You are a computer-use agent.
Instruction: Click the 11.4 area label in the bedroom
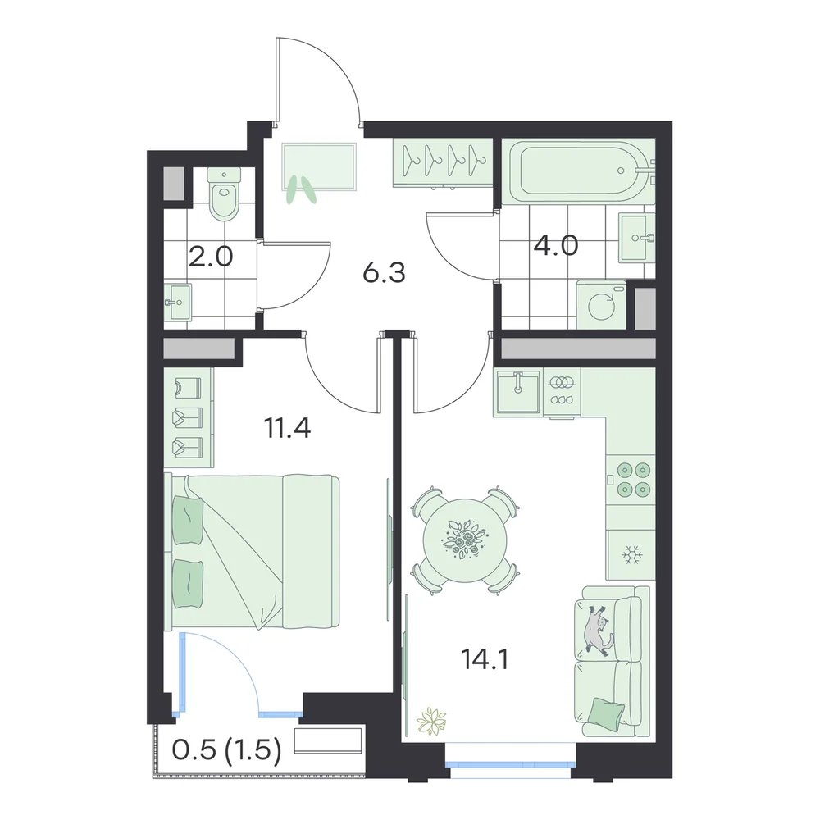pyautogui.click(x=288, y=428)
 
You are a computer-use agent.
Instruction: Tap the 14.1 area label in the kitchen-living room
pyautogui.click(x=485, y=659)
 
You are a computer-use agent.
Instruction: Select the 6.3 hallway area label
pyautogui.click(x=385, y=273)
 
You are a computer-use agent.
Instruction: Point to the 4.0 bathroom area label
pyautogui.click(x=555, y=245)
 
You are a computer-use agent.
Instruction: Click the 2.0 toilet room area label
pyautogui.click(x=210, y=257)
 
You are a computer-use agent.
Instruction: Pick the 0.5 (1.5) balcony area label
pyautogui.click(x=226, y=750)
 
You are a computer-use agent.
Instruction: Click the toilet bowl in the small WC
pyautogui.click(x=224, y=194)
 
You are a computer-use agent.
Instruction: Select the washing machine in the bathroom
pyautogui.click(x=601, y=305)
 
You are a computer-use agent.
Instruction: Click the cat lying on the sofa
pyautogui.click(x=599, y=629)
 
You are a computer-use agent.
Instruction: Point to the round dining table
pyautogui.click(x=464, y=540)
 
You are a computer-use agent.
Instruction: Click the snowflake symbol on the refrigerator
pyautogui.click(x=631, y=554)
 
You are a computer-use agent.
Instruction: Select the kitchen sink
pyautogui.click(x=517, y=392)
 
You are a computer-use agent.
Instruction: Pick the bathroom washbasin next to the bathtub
pyautogui.click(x=637, y=238)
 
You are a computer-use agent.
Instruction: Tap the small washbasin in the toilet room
pyautogui.click(x=178, y=302)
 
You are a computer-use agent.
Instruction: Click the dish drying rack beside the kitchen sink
pyautogui.click(x=563, y=392)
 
